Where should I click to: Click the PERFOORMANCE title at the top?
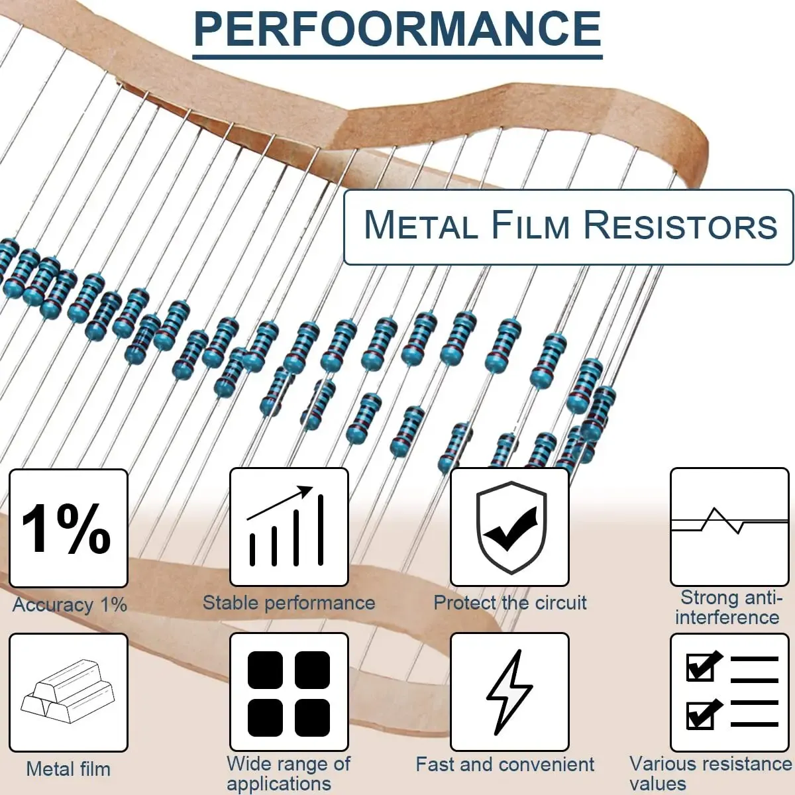click(x=397, y=28)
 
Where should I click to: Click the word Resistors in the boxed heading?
click(x=680, y=225)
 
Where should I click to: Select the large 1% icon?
click(x=68, y=528)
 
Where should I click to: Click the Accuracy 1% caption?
click(x=70, y=605)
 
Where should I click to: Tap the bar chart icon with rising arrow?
click(x=288, y=528)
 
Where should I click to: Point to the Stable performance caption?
click(x=288, y=603)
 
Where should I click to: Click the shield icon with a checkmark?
click(x=510, y=527)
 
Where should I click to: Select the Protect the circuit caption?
click(x=510, y=603)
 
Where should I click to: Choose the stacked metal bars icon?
click(x=68, y=692)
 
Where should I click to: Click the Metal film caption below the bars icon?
click(x=68, y=769)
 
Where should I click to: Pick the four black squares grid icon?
click(x=288, y=692)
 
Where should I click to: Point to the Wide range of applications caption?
click(x=288, y=773)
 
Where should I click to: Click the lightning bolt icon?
click(x=509, y=692)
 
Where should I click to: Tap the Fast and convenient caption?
click(x=505, y=765)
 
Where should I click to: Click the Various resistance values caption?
click(x=710, y=773)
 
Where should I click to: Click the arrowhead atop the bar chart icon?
click(x=305, y=492)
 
